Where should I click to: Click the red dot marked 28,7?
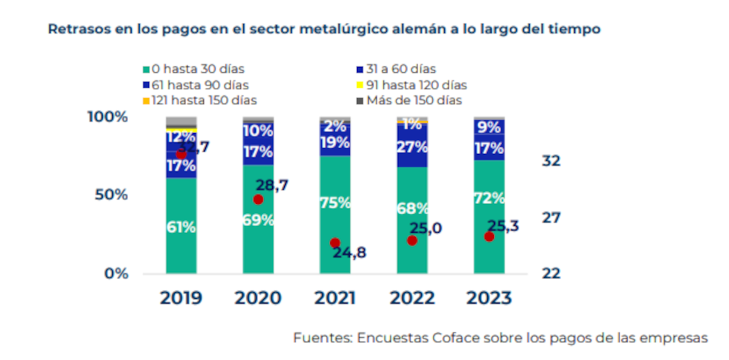pos(258,199)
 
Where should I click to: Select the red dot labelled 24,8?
pos(335,243)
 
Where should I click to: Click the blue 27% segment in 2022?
pos(412,147)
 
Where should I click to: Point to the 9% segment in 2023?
pos(489,127)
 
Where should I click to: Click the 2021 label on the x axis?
pos(335,298)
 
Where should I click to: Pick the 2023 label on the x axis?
pos(489,298)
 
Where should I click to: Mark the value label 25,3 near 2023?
pos(504,226)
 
